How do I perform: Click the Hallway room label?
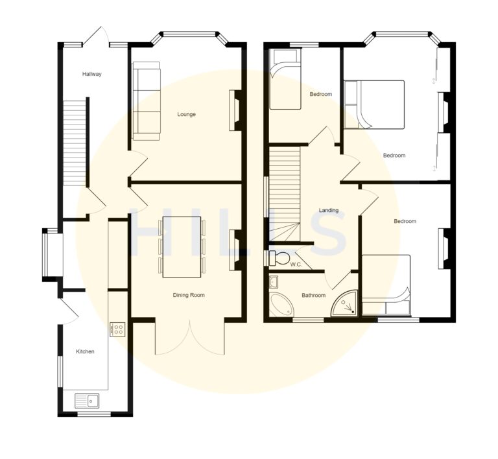click(x=91, y=74)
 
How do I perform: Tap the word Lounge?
click(x=187, y=114)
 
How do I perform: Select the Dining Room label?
click(x=189, y=295)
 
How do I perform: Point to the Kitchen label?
click(x=85, y=351)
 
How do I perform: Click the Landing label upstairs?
click(x=329, y=210)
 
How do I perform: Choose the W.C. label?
click(x=296, y=265)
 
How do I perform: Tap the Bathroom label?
click(x=313, y=295)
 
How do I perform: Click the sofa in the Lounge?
click(x=147, y=100)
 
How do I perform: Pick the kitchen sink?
click(x=86, y=400)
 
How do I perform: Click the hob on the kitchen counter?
click(x=117, y=330)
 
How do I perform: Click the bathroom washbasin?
click(x=274, y=281)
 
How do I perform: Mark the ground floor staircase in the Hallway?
click(x=75, y=142)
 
